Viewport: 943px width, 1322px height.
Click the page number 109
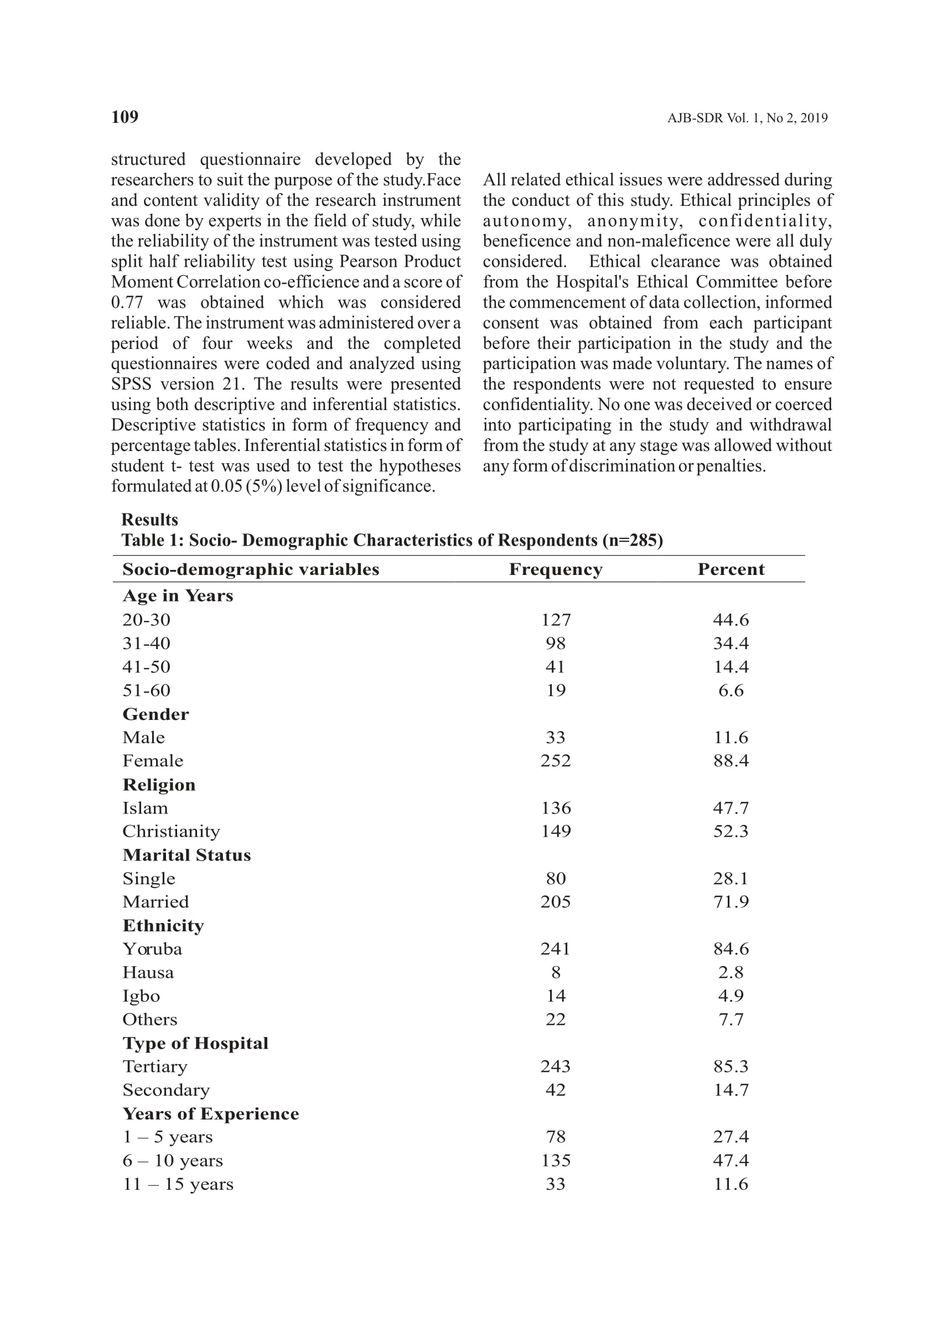pyautogui.click(x=125, y=117)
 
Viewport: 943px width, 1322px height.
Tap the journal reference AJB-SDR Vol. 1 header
pyautogui.click(x=747, y=118)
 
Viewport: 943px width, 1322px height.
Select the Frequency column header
pyautogui.click(x=555, y=569)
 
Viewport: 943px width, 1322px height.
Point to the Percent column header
pyautogui.click(x=730, y=569)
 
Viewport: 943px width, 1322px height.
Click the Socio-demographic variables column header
pyautogui.click(x=250, y=569)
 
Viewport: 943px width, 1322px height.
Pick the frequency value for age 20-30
pyautogui.click(x=556, y=620)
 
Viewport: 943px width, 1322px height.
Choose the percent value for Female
pyautogui.click(x=730, y=760)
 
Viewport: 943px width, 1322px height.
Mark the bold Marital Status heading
pyautogui.click(x=186, y=855)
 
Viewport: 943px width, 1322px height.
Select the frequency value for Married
pyautogui.click(x=555, y=901)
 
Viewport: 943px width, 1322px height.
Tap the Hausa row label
pyautogui.click(x=148, y=972)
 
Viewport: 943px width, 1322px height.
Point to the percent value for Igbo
pyautogui.click(x=730, y=996)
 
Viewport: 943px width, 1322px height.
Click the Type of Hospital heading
pyautogui.click(x=195, y=1043)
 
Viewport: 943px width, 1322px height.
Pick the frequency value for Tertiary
pyautogui.click(x=555, y=1066)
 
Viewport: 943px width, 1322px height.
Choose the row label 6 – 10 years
pyautogui.click(x=173, y=1160)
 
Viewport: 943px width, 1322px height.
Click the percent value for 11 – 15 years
pyautogui.click(x=730, y=1184)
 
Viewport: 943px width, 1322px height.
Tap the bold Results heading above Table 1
pyautogui.click(x=149, y=520)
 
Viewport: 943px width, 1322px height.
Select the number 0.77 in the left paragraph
pyautogui.click(x=127, y=303)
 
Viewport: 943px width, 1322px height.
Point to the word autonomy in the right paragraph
pyautogui.click(x=526, y=221)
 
